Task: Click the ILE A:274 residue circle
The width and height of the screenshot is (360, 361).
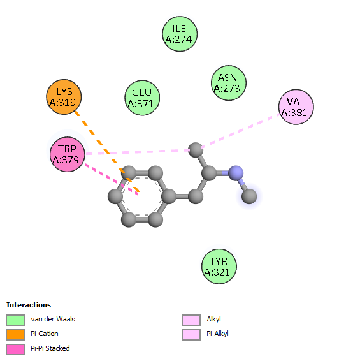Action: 180,34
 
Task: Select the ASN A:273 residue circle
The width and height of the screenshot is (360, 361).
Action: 229,83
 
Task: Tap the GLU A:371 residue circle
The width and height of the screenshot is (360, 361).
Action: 142,98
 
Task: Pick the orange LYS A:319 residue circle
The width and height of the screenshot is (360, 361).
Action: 64,97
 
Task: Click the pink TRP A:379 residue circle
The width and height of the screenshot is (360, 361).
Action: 68,154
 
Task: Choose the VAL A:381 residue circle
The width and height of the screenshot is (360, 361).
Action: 296,107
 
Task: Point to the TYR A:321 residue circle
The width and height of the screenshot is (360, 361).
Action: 219,267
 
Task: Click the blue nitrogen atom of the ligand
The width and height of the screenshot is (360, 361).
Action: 236,173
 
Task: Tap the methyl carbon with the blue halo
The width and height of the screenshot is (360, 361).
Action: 249,196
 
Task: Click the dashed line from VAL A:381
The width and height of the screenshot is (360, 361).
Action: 240,131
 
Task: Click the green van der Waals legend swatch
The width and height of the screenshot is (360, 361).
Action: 15,320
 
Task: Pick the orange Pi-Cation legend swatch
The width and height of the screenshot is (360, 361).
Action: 15,334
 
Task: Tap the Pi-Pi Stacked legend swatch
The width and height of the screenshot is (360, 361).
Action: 15,350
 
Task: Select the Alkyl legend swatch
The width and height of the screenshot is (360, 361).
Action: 191,320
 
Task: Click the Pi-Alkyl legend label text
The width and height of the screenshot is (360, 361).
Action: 217,334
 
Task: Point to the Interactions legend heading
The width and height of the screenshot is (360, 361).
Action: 29,305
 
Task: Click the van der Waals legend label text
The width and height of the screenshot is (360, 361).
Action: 53,319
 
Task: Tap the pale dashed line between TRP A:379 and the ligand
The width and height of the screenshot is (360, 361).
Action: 138,152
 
